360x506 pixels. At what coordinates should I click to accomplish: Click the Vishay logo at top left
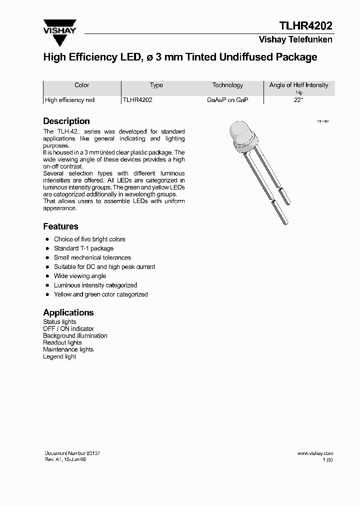click(59, 26)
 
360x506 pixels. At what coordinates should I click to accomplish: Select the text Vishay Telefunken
click(295, 40)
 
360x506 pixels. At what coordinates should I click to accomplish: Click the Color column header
click(81, 85)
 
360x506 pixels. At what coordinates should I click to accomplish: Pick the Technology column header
click(227, 85)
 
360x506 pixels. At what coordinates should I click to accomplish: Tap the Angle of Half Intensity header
click(298, 85)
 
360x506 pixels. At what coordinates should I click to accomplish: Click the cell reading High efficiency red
click(70, 100)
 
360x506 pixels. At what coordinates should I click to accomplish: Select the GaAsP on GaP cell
click(227, 100)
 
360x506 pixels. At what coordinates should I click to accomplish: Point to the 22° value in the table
click(298, 100)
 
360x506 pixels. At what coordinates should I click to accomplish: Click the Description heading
click(66, 121)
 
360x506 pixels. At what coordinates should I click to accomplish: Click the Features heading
click(60, 226)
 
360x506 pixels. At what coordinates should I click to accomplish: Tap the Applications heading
click(68, 312)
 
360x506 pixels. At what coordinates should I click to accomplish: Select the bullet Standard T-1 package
click(83, 248)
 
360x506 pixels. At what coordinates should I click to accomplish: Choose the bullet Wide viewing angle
click(80, 276)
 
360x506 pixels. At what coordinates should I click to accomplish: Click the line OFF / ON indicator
click(68, 329)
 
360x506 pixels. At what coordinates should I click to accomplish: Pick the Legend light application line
click(59, 357)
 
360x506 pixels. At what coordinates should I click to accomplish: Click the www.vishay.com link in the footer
click(315, 453)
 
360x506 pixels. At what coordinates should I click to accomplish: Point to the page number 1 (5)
click(327, 459)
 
